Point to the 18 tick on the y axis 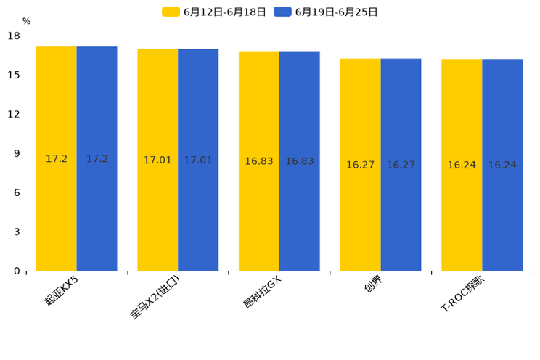click(x=14, y=36)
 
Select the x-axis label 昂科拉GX click(x=262, y=292)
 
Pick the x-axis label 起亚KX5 click(x=62, y=290)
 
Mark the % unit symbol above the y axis click(x=26, y=21)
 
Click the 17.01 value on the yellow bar click(x=157, y=160)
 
